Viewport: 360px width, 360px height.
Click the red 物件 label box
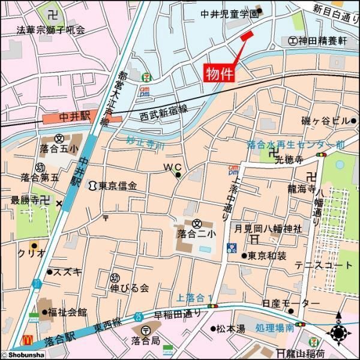(220, 74)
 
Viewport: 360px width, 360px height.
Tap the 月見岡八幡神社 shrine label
(268, 229)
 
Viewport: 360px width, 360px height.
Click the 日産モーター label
(283, 304)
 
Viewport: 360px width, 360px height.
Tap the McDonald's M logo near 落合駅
(27, 340)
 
